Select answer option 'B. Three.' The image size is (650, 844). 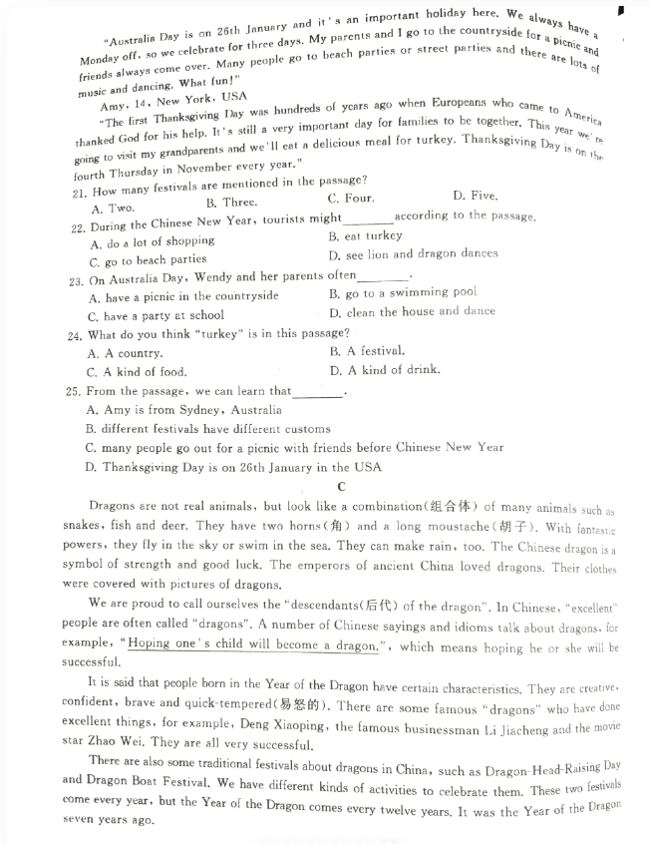click(x=230, y=203)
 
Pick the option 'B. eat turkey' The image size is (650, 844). click(x=365, y=236)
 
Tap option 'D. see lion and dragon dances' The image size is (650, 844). click(x=413, y=253)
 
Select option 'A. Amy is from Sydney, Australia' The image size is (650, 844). click(x=184, y=410)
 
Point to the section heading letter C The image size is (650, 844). click(x=341, y=487)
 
